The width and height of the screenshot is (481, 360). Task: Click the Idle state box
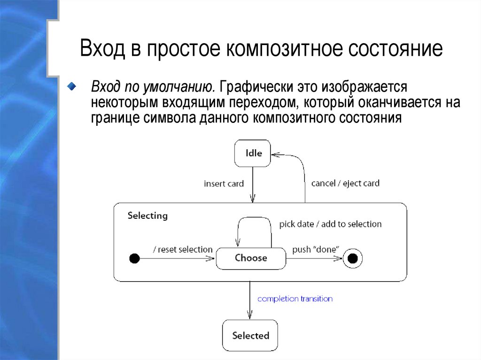[253, 153]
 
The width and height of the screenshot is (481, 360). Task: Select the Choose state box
[251, 258]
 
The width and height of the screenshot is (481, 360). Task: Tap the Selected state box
[250, 336]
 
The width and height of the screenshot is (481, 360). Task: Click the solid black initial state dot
[134, 258]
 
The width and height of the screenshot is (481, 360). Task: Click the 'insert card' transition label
[224, 184]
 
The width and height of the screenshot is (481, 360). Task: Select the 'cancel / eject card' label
[345, 184]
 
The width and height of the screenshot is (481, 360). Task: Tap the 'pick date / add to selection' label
[330, 224]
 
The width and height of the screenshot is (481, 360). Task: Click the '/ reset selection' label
[183, 249]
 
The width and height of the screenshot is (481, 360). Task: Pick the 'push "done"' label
[316, 249]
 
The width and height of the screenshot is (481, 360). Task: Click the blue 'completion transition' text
[295, 299]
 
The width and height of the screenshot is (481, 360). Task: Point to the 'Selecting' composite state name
[147, 216]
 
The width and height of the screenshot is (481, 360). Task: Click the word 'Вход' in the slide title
[102, 49]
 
